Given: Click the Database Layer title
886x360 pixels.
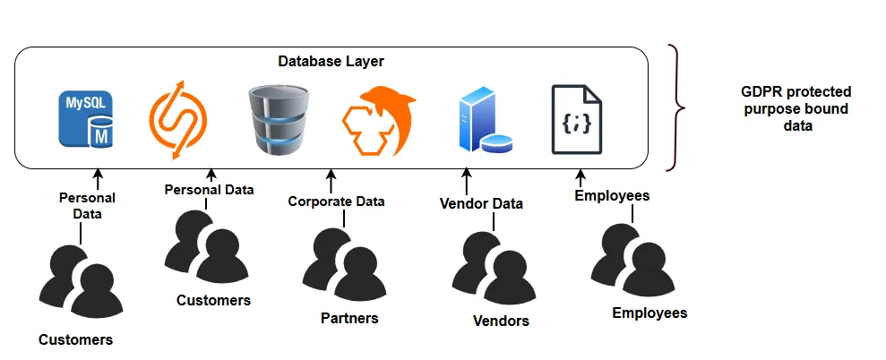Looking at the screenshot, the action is pos(331,62).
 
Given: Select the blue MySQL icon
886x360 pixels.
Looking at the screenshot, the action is pos(86,119).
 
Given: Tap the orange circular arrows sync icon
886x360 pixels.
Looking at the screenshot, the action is pos(178,120).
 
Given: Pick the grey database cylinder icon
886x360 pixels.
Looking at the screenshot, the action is pos(279,119).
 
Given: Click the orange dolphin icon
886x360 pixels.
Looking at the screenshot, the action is pos(377,120).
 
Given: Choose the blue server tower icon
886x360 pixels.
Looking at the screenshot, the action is pos(485,120).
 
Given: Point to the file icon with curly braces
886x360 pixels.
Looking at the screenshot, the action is pos(576,119).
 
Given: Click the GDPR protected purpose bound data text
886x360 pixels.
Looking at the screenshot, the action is pos(797,108).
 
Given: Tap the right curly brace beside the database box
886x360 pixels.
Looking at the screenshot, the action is pos(675,107).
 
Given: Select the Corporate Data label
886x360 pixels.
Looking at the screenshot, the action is pos(336,201).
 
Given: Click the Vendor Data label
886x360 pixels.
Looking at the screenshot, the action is pos(481,203).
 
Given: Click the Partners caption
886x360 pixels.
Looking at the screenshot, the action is pos(349,318).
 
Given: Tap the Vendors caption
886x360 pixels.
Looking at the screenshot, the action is pos(501,321).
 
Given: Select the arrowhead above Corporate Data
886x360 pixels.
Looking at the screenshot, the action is pos(330,172).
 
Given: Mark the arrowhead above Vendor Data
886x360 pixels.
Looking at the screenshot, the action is pos(466,172).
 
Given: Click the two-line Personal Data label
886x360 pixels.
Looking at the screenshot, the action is pos(88,206).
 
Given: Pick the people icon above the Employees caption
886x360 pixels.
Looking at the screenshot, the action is pos(632,260).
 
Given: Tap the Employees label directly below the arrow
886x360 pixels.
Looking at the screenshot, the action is pos(612,195).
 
